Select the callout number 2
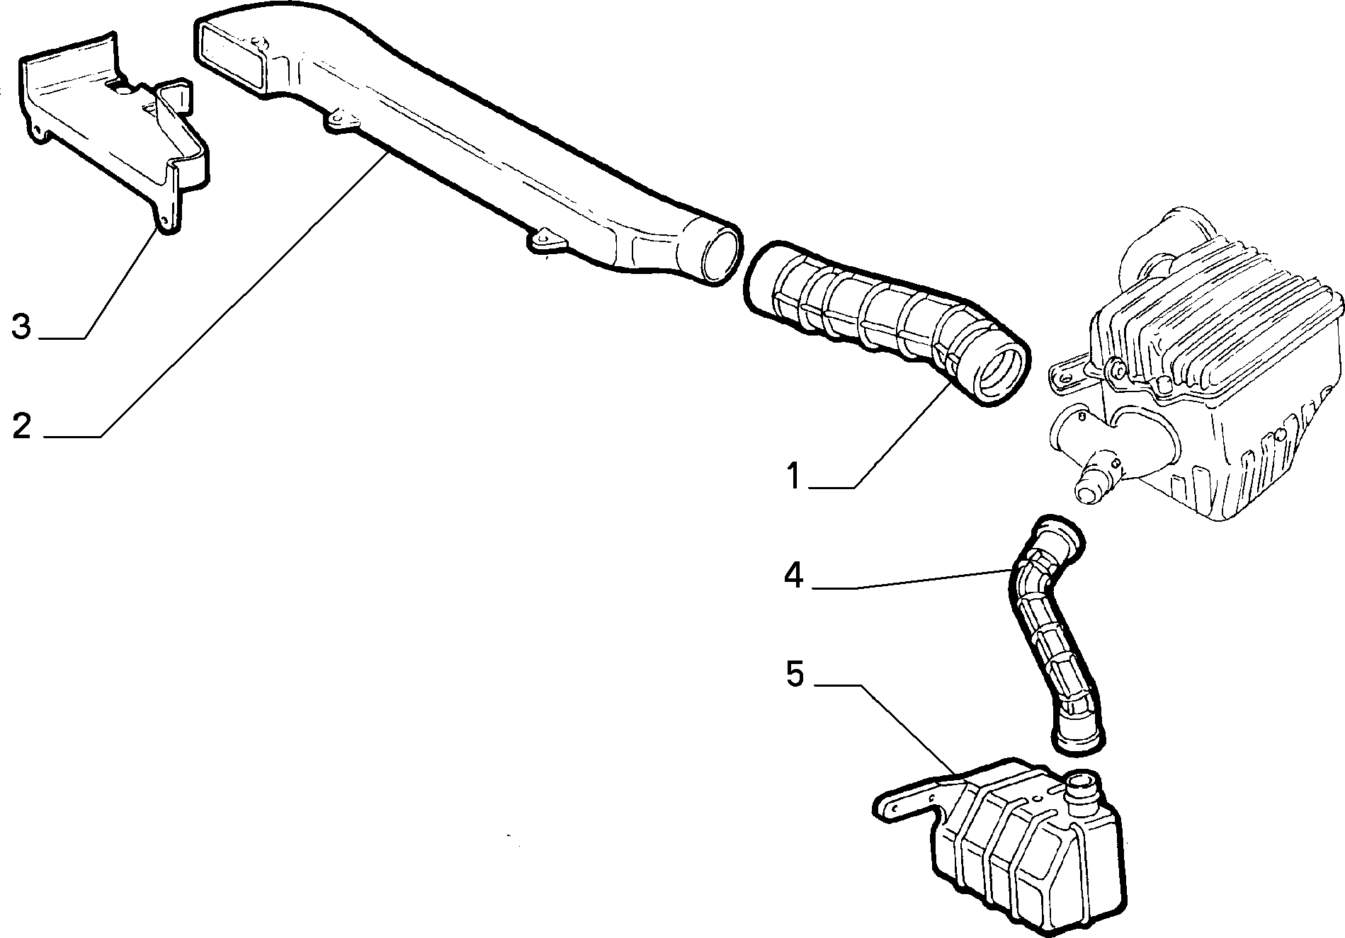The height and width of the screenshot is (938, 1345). [21, 425]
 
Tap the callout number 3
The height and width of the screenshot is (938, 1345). [21, 326]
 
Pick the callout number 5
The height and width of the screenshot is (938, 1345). [795, 675]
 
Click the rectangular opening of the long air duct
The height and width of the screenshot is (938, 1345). [232, 52]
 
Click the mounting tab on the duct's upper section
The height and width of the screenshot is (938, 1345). [340, 120]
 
